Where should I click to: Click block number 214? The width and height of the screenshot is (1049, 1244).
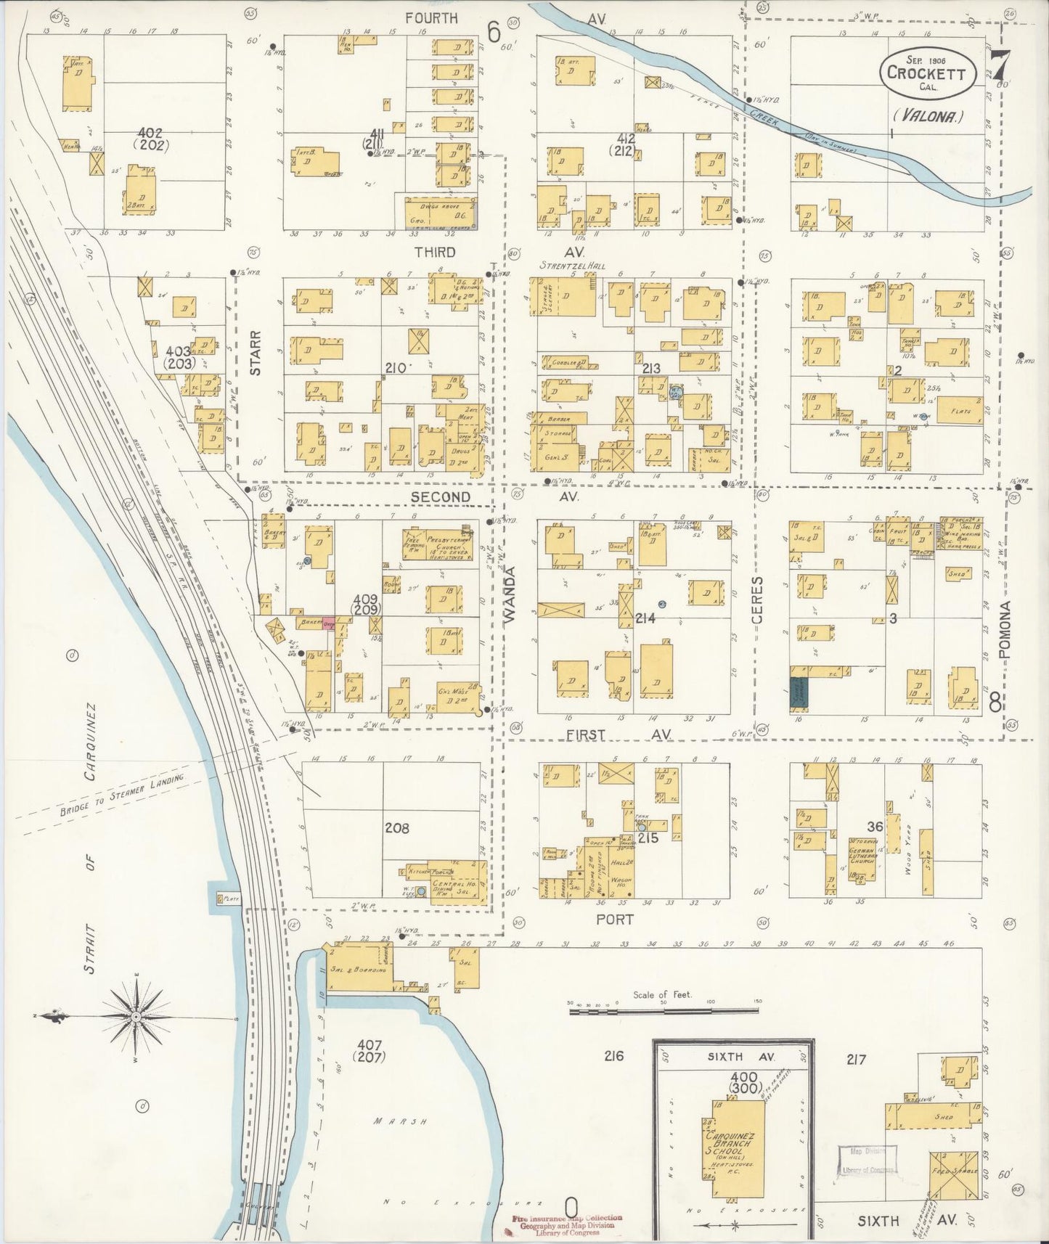[645, 618]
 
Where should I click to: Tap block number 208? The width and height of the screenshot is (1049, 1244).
[397, 827]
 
